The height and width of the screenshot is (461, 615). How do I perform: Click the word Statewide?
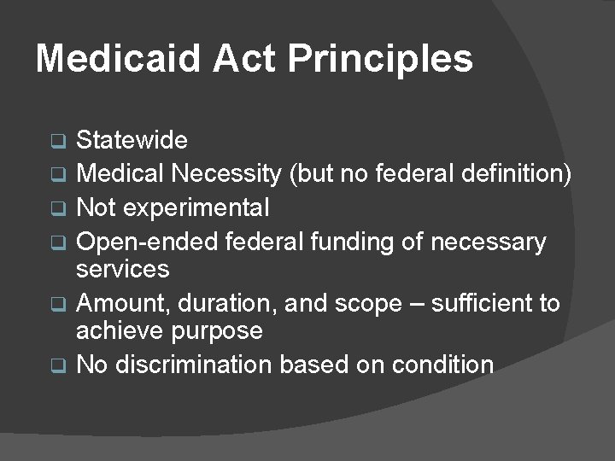(132, 139)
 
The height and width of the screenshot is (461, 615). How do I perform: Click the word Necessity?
(226, 174)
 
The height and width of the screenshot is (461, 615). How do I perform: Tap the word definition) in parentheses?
(518, 174)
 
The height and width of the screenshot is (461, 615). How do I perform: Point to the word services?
(123, 269)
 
